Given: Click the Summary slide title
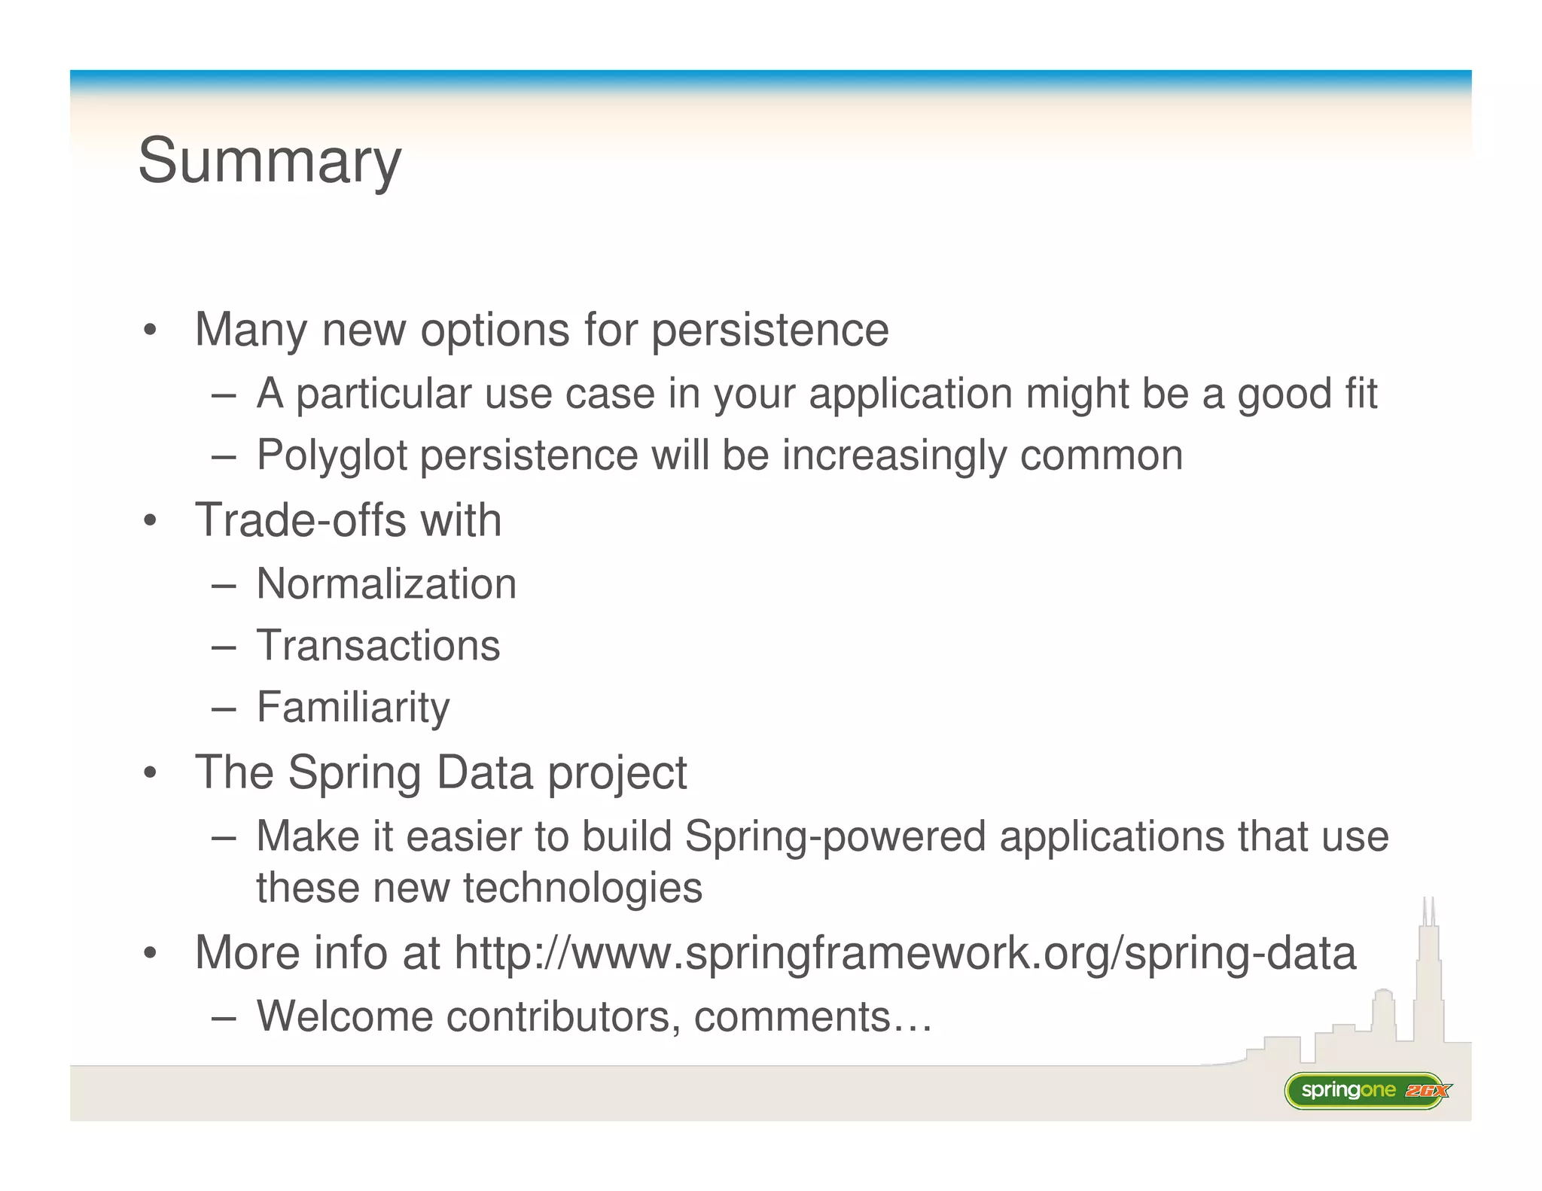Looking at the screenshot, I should [x=270, y=161].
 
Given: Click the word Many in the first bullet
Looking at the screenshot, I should [x=251, y=330].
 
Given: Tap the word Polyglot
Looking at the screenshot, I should [x=331, y=455].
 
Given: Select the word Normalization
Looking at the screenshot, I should [x=386, y=583].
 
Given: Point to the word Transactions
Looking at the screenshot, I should [x=378, y=645].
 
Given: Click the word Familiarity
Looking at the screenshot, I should [x=353, y=707].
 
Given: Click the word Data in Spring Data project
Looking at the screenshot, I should [x=485, y=772].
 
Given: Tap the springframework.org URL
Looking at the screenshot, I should [x=905, y=952].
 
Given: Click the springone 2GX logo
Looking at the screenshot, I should [x=1367, y=1090].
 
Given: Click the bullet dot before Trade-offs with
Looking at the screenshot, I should [x=151, y=521].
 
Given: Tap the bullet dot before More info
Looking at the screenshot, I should [x=151, y=954].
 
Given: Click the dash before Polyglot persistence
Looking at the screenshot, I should [x=224, y=456].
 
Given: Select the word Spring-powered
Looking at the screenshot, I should [x=835, y=836].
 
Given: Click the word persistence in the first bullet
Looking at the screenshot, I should [x=769, y=330].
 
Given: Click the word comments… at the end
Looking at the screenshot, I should [x=812, y=1016].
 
